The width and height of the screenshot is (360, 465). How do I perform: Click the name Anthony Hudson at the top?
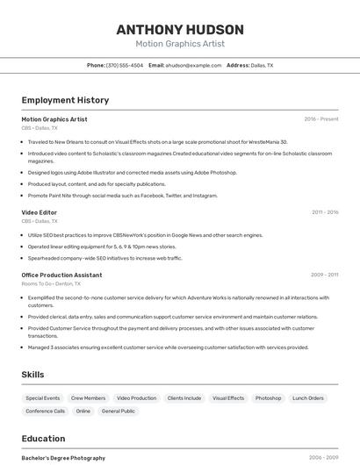pos(180,30)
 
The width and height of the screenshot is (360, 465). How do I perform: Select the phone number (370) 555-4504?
pos(125,65)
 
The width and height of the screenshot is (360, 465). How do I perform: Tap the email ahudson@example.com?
pos(194,65)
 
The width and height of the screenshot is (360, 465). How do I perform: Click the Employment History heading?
pos(65,100)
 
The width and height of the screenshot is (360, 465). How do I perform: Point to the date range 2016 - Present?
pos(321,119)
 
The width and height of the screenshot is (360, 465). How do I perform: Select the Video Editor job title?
pos(40,212)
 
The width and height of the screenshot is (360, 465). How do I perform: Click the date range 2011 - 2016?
pos(325,212)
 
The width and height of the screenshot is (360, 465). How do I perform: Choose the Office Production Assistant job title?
pos(61,275)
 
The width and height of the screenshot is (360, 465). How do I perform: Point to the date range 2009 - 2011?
pos(325,275)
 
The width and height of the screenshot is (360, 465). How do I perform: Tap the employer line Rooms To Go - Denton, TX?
pos(51,284)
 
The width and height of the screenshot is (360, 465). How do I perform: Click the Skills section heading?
pos(32,375)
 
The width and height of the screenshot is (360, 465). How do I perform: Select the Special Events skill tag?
pos(43,398)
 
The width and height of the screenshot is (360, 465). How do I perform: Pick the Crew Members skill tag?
pos(88,398)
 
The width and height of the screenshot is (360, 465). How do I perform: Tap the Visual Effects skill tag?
pos(228,398)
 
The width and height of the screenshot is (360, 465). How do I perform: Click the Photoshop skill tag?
pos(269,398)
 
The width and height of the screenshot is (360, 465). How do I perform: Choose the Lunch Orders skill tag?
pos(308,398)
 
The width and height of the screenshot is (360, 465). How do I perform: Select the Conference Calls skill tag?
pos(46,411)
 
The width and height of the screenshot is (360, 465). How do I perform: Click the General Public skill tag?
pos(119,411)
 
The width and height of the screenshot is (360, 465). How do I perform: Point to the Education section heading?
pos(43,439)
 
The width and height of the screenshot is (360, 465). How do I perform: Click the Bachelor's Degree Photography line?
pos(63,458)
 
